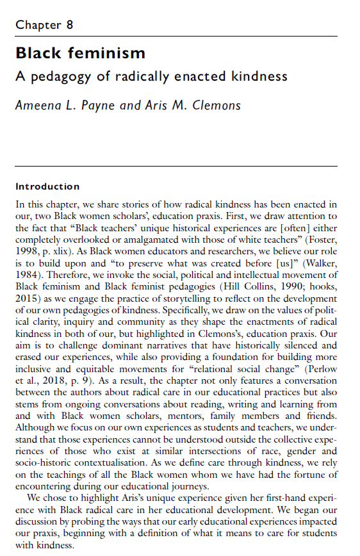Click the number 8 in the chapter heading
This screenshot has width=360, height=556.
[69, 26]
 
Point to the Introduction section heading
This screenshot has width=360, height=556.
[47, 186]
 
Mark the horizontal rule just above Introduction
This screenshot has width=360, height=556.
[176, 167]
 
